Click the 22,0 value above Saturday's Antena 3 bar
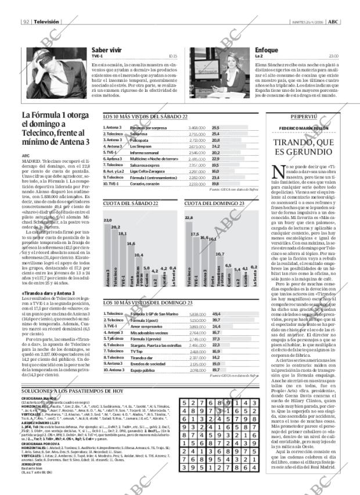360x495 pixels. click(107, 221)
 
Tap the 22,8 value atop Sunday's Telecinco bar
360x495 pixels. click(189, 217)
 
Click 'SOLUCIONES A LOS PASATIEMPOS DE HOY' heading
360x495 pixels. click(73, 392)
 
